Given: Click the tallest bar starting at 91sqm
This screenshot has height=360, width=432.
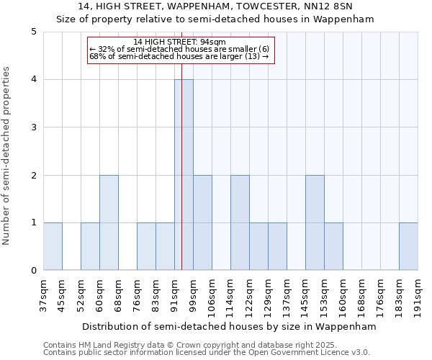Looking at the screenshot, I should coord(184,175).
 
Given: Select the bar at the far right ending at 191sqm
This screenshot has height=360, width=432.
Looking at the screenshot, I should coord(408,246).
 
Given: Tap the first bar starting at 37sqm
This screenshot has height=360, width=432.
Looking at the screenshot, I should coord(53,246).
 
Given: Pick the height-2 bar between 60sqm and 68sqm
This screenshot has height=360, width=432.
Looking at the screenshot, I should coord(109,222).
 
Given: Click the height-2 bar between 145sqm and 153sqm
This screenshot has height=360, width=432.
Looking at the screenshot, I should coord(315,222).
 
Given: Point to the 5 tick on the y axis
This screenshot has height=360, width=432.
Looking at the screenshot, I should coord(33,32).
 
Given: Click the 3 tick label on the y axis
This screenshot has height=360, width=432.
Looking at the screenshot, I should coord(33,127).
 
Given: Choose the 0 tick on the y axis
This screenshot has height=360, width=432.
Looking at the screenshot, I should coord(33,271).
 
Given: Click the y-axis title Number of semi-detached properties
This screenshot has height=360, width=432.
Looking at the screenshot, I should coord(7,156).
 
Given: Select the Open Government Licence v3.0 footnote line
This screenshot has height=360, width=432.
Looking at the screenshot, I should coord(207,353).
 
